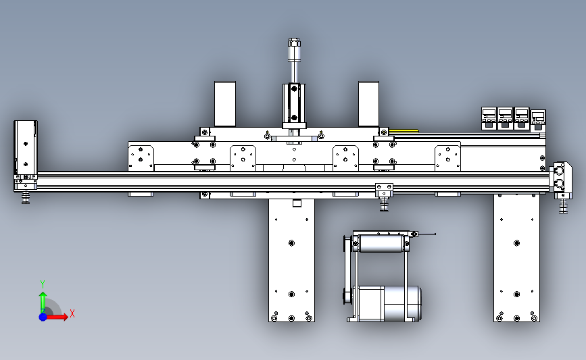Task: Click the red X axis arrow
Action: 56,317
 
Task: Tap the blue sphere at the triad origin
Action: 43,317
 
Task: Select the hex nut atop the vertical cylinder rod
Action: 294,42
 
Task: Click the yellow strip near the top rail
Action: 404,131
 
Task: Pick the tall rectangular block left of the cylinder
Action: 225,104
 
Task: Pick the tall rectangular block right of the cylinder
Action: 368,104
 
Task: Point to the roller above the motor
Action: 381,243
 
